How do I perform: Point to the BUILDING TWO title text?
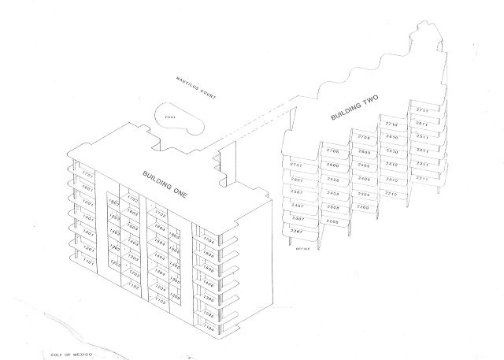point(355,109)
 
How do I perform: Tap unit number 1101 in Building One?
point(88,261)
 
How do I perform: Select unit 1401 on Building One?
point(88,217)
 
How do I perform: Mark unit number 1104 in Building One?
point(209,325)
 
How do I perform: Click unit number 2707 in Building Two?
point(296,165)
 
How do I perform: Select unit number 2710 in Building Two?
point(391,124)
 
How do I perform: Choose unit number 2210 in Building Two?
point(391,192)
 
